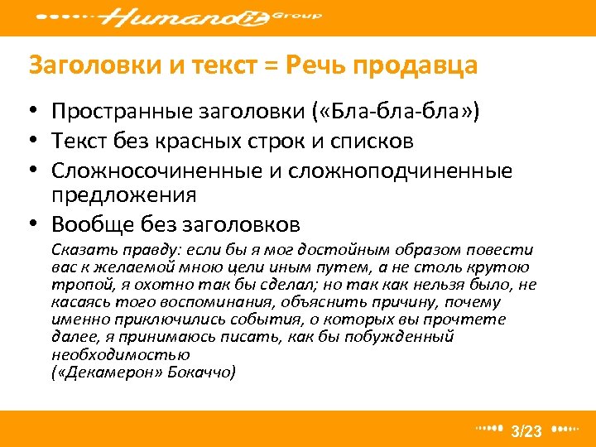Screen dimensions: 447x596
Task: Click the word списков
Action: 368,142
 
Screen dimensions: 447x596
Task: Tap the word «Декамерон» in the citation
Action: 108,372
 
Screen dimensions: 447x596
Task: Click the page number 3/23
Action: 526,431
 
